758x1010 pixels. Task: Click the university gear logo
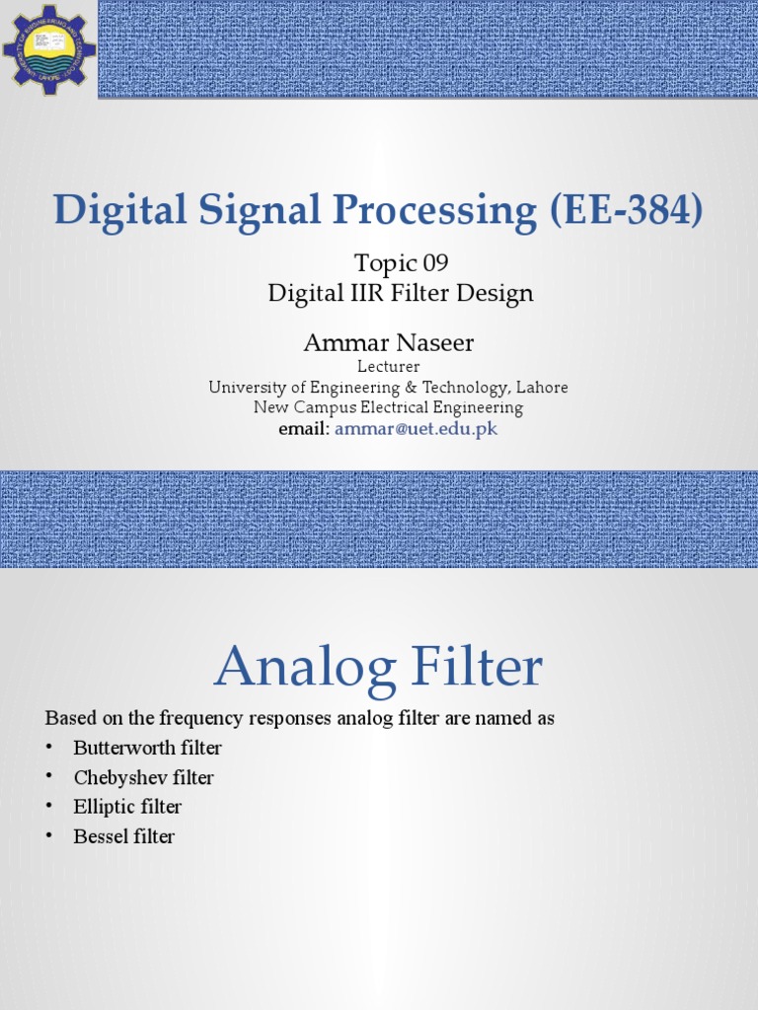point(48,48)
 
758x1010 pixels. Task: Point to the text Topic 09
point(400,263)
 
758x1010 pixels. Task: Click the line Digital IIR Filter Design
point(401,293)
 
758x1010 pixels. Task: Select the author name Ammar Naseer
point(389,342)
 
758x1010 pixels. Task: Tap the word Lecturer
point(388,367)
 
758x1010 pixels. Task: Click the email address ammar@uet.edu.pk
point(415,429)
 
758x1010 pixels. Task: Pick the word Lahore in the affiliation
point(541,388)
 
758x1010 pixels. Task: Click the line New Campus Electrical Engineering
point(388,407)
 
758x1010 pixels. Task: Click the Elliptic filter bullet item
point(128,807)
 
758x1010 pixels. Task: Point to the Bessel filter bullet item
point(124,836)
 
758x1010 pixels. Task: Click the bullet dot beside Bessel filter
point(49,836)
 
